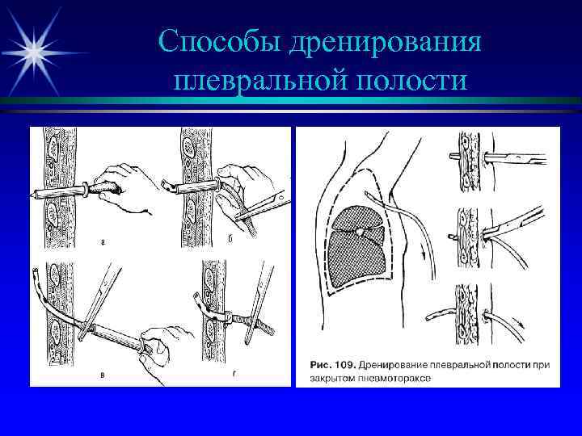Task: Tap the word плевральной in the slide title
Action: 258,82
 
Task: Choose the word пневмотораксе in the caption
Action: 395,377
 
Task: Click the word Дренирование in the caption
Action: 399,365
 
